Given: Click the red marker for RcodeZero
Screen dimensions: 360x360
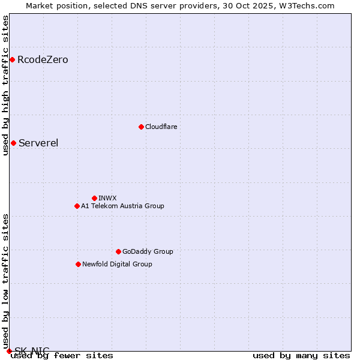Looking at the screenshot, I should point(12,59).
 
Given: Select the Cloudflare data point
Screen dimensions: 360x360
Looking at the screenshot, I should point(141,127).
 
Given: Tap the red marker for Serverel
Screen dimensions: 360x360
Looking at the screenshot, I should point(13,143).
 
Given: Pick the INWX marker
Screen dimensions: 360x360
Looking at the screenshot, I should point(94,198).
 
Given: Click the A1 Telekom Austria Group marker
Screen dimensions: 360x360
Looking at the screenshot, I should point(77,206).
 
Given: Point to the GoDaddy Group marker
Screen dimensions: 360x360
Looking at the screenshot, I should point(118,251).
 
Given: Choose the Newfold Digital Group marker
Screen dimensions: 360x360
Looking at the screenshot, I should point(78,264).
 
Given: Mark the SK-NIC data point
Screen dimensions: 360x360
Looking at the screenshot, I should point(9,351).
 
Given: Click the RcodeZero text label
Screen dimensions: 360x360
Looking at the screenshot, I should point(43,59).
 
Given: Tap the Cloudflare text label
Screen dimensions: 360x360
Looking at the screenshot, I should point(161,127).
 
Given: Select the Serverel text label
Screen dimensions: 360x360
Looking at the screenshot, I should point(38,143).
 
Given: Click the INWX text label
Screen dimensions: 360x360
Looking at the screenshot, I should point(107,198).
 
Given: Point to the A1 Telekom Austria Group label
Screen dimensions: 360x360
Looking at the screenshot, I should point(122,206).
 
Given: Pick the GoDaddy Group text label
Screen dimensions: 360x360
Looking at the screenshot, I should point(148,251).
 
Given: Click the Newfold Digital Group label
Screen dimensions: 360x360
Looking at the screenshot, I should point(117,264).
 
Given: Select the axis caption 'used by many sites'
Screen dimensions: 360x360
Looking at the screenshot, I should point(301,355).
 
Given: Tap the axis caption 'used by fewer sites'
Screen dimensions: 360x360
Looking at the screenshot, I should point(62,355).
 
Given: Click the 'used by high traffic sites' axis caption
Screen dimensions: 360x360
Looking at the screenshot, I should point(5,85).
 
